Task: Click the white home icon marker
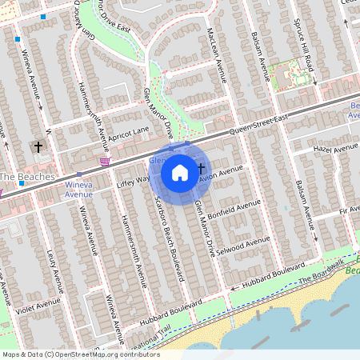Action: tap(180, 172)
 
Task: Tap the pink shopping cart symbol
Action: tap(104, 162)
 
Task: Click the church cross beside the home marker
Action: tap(200, 167)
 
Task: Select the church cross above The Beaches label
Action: tap(38, 146)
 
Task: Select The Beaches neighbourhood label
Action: tap(26, 176)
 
